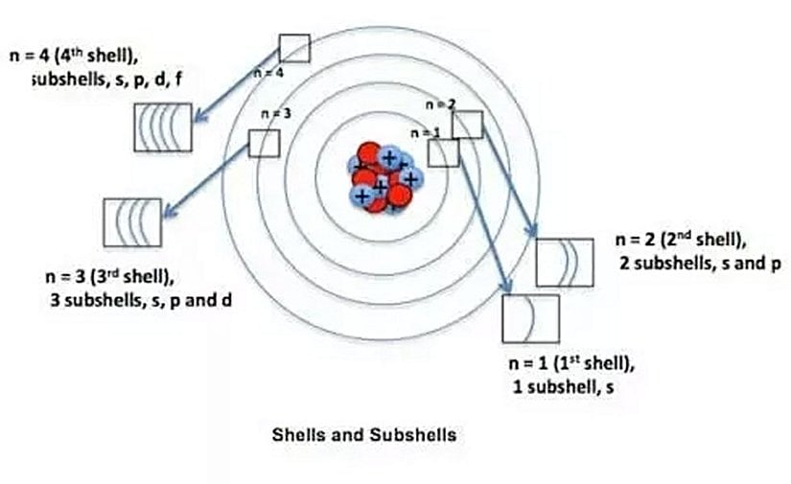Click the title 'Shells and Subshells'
(x=364, y=434)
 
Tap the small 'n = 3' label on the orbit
(x=276, y=113)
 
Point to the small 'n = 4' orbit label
(x=268, y=73)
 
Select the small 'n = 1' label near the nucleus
(x=426, y=133)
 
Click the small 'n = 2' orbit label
(x=441, y=104)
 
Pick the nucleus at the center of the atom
(x=384, y=177)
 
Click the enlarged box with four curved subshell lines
(x=163, y=127)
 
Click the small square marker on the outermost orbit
(x=294, y=48)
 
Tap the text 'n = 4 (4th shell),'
(x=74, y=56)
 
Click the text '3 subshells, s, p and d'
(x=141, y=301)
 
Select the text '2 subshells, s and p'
(x=700, y=264)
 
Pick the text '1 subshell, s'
(x=564, y=387)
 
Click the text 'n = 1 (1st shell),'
(x=571, y=363)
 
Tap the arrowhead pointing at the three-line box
(x=171, y=210)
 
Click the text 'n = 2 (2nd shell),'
(x=681, y=240)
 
